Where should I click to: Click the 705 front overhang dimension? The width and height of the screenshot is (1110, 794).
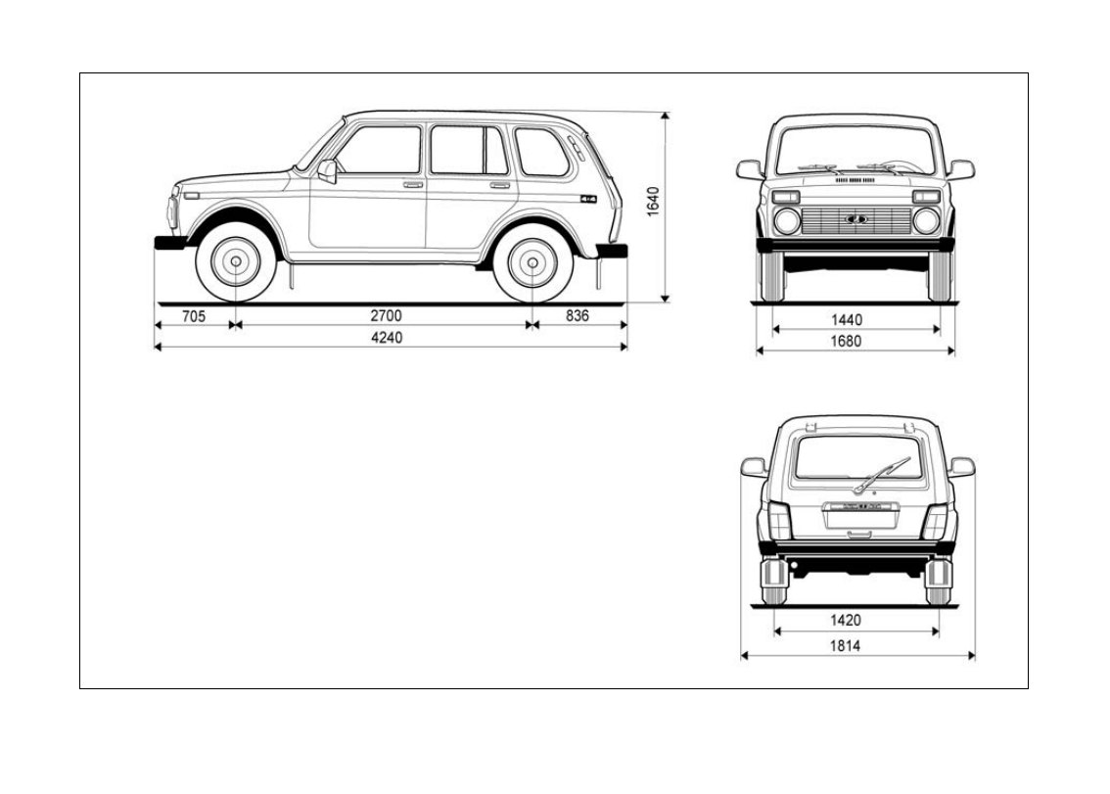(x=194, y=315)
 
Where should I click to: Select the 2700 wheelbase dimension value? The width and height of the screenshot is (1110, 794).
(x=385, y=315)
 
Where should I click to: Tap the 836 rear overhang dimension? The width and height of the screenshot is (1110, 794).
(x=577, y=315)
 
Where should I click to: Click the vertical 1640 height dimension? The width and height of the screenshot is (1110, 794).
(x=654, y=203)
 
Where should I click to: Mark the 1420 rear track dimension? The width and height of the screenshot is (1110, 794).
(x=845, y=620)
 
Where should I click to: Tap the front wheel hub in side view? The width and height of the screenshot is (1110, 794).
(x=235, y=263)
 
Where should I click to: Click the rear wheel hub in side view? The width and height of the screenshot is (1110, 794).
(x=532, y=263)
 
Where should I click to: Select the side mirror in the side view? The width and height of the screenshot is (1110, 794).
(x=328, y=172)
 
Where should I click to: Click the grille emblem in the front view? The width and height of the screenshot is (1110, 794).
(x=856, y=219)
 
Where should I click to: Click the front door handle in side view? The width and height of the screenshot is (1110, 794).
(x=412, y=184)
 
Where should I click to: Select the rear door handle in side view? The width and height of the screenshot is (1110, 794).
(x=499, y=184)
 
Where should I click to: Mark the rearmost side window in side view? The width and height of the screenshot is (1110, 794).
(x=542, y=152)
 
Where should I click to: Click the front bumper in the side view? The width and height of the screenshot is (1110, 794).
(x=170, y=242)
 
